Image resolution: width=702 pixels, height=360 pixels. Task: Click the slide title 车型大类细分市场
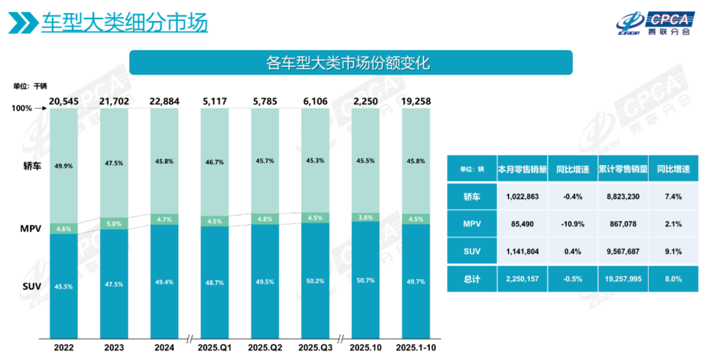click(x=124, y=23)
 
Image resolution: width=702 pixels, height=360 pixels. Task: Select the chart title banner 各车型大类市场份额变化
click(x=350, y=63)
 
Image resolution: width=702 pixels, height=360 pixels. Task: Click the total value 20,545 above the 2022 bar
click(x=63, y=102)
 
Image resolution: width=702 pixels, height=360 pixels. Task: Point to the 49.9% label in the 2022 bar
click(x=63, y=165)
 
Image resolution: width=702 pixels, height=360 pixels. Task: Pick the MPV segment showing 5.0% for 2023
click(x=114, y=224)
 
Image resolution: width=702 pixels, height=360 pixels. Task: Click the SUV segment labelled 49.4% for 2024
click(x=164, y=282)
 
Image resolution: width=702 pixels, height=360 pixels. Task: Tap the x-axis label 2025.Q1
click(x=215, y=348)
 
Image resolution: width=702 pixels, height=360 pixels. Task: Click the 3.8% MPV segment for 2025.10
click(x=366, y=217)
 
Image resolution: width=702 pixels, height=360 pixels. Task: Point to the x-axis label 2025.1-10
click(x=416, y=348)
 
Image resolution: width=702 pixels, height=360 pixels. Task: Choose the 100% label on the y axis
click(x=22, y=109)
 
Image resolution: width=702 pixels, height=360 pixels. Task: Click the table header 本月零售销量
click(x=522, y=169)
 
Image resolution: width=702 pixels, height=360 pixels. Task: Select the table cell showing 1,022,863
click(x=522, y=197)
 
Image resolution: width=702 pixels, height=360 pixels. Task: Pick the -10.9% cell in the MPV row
click(x=572, y=224)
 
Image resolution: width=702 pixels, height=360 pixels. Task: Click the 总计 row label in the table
click(x=472, y=279)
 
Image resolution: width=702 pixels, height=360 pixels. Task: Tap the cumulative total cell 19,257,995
click(x=623, y=279)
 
